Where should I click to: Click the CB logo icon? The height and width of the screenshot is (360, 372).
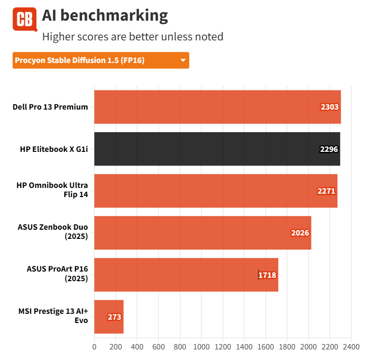click(25, 19)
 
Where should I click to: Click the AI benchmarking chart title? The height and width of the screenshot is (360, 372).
click(105, 16)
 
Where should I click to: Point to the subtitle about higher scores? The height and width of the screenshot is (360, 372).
click(133, 37)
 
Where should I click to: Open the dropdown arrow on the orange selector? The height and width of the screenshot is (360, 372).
click(183, 61)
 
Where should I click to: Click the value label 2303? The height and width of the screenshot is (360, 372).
click(330, 107)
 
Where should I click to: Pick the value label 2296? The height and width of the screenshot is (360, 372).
click(329, 149)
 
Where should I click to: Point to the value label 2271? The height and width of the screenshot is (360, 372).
click(326, 191)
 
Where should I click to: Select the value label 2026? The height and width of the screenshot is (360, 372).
click(300, 233)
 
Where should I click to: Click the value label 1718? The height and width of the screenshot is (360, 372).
click(267, 275)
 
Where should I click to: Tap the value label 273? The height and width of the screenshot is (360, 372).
click(114, 317)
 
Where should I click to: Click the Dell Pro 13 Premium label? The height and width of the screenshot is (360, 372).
click(50, 107)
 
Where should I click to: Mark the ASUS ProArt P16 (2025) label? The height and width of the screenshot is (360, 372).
click(57, 274)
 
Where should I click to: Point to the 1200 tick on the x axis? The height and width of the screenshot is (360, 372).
click(223, 346)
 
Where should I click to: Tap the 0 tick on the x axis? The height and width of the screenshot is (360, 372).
click(94, 346)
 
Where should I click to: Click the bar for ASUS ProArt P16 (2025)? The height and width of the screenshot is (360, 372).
click(186, 275)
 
